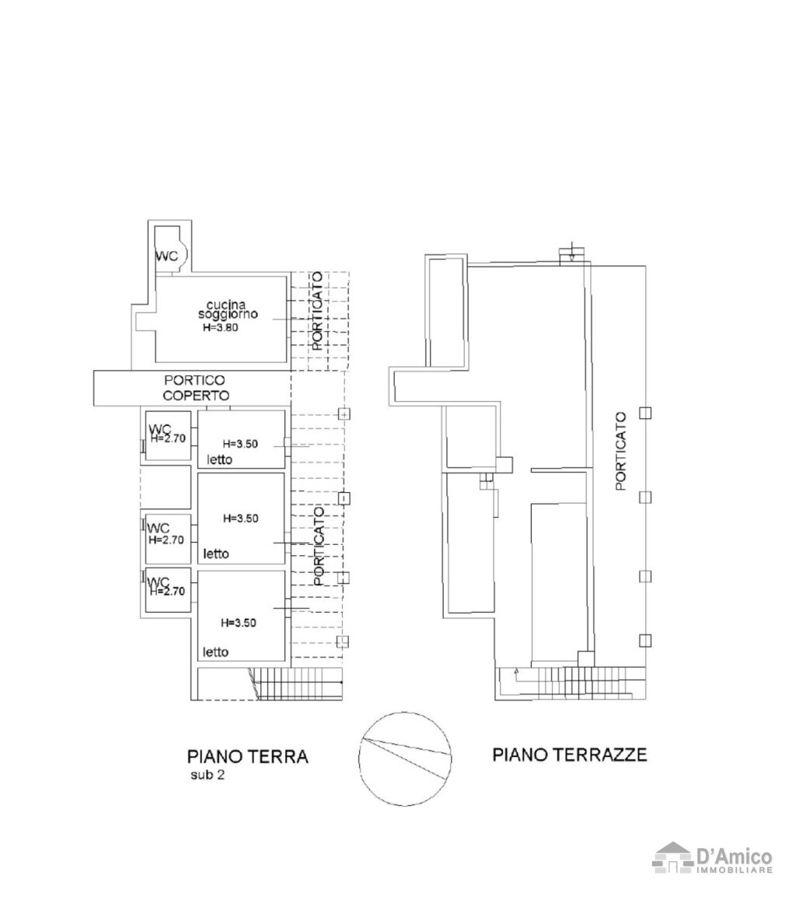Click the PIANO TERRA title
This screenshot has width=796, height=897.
click(x=247, y=756)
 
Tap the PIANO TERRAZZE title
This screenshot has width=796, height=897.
click(x=569, y=754)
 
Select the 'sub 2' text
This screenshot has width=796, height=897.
click(x=207, y=776)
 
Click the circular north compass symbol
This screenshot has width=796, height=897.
click(x=404, y=759)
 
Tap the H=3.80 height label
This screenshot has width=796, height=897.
click(x=220, y=328)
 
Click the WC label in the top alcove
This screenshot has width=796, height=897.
click(x=166, y=256)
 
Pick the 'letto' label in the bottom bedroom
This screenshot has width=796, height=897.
click(x=216, y=651)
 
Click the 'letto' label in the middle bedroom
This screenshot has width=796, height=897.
click(x=216, y=553)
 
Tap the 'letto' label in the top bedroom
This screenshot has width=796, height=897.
click(x=220, y=459)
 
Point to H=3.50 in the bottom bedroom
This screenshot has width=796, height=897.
click(x=239, y=623)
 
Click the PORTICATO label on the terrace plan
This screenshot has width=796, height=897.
click(x=620, y=452)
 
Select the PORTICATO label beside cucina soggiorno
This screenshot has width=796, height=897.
click(x=316, y=311)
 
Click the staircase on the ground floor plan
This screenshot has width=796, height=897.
click(x=298, y=683)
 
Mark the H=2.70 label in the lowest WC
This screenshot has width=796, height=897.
click(x=167, y=592)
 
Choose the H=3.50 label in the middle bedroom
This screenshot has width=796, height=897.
click(x=240, y=518)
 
